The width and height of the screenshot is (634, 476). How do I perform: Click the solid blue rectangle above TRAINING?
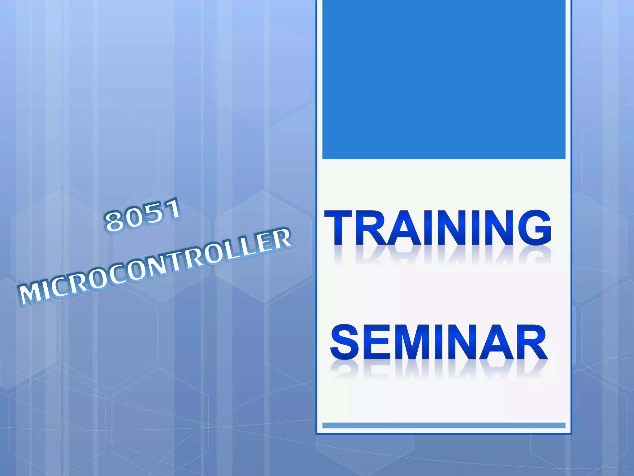(444, 79)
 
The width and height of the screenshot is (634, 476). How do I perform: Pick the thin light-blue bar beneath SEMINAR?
(444, 425)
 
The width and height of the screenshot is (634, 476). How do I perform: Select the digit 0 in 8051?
(132, 218)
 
